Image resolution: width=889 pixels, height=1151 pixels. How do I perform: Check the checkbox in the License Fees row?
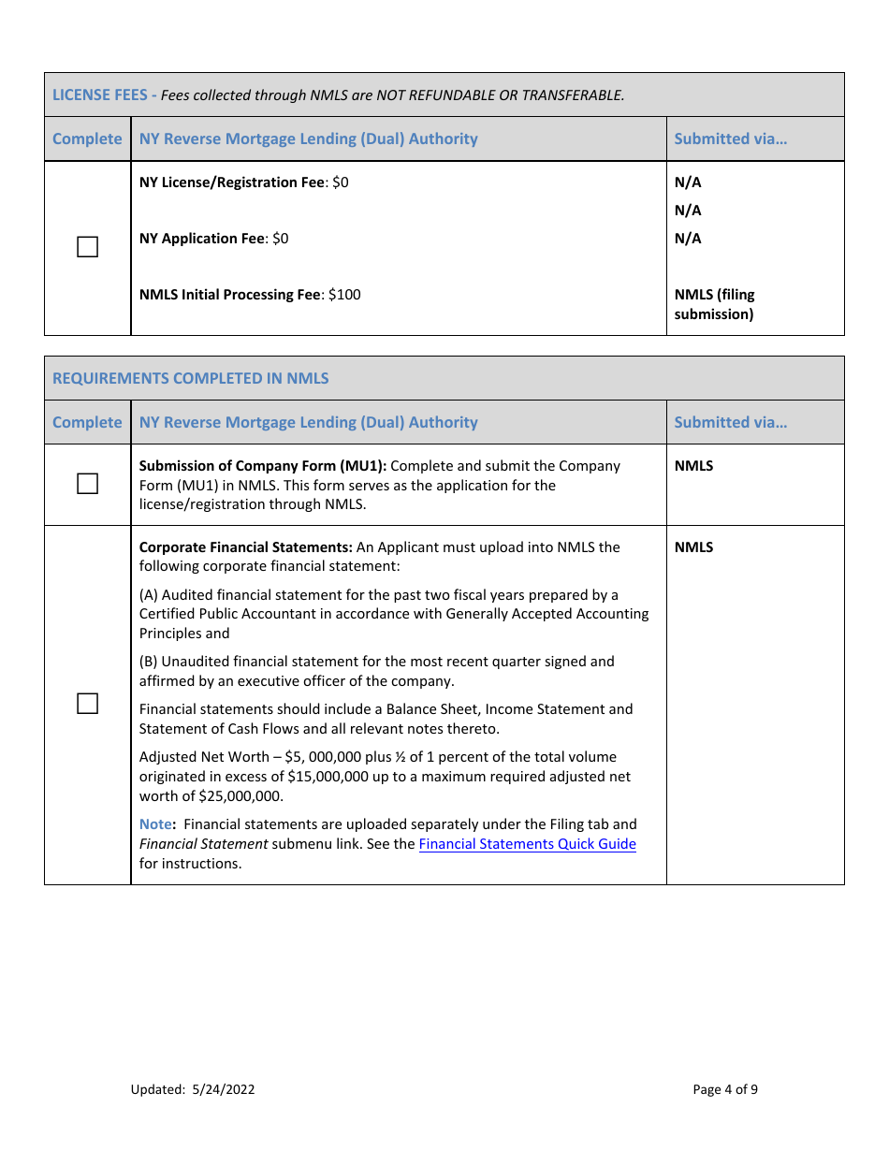pyautogui.click(x=87, y=247)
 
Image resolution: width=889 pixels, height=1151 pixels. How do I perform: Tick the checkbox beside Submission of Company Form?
pyautogui.click(x=87, y=484)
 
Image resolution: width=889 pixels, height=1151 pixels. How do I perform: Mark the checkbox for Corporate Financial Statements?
pyautogui.click(x=87, y=704)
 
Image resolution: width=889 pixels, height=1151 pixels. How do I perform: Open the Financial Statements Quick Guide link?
pyautogui.click(x=527, y=844)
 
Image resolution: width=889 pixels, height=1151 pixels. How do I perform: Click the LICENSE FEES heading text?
pyautogui.click(x=100, y=95)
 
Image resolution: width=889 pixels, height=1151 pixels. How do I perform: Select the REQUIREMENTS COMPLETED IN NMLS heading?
pyautogui.click(x=191, y=378)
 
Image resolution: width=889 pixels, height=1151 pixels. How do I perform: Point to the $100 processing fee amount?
pyautogui.click(x=344, y=295)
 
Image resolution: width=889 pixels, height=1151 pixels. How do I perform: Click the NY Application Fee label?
pyautogui.click(x=202, y=239)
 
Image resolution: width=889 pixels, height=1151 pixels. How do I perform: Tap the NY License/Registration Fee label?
pyautogui.click(x=231, y=182)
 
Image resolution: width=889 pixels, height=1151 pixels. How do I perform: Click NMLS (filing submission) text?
pyautogui.click(x=714, y=304)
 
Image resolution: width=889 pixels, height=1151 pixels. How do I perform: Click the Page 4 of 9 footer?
pyautogui.click(x=725, y=1089)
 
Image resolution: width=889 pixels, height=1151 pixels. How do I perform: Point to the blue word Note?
pyautogui.click(x=155, y=824)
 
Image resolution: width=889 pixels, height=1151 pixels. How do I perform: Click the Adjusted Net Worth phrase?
pyautogui.click(x=204, y=757)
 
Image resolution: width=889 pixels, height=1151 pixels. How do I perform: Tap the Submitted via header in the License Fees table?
pyautogui.click(x=730, y=138)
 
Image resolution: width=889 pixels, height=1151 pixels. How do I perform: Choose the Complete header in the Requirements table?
pyautogui.click(x=87, y=422)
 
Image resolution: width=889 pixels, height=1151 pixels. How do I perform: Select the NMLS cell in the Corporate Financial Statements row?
pyautogui.click(x=693, y=547)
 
